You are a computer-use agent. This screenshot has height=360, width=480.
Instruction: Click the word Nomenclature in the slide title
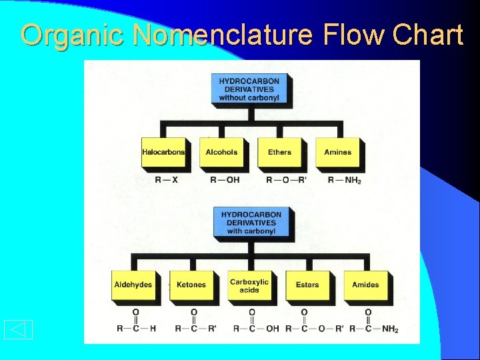tap(223, 35)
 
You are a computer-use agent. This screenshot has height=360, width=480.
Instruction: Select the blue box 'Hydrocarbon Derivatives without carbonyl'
tap(249, 89)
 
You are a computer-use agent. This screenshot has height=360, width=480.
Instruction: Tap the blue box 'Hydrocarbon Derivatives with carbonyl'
tap(251, 223)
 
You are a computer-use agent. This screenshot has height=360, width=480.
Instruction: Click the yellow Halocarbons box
tap(163, 153)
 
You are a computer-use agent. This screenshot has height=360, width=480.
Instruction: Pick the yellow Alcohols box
tap(221, 153)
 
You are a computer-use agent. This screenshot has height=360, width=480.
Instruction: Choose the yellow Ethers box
tap(279, 153)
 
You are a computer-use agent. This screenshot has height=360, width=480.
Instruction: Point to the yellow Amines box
tap(337, 153)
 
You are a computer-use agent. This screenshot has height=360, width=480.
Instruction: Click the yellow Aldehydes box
tap(133, 285)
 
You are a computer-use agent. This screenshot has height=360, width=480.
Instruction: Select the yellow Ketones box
tap(191, 285)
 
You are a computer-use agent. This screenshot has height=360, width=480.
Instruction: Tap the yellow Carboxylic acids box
tap(249, 285)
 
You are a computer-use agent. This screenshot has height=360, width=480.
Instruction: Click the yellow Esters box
tap(307, 285)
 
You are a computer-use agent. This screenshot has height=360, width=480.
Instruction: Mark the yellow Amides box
tap(365, 285)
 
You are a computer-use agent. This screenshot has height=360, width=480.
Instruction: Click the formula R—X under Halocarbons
tap(166, 180)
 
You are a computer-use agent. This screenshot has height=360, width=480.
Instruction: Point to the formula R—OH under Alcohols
tap(225, 180)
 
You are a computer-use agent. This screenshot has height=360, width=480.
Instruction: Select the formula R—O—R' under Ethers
tap(286, 180)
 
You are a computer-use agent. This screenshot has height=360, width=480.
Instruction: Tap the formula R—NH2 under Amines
tap(344, 180)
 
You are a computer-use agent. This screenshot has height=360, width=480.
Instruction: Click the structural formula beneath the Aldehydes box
tap(136, 321)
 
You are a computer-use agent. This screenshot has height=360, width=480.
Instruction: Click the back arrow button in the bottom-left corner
tap(18, 329)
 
